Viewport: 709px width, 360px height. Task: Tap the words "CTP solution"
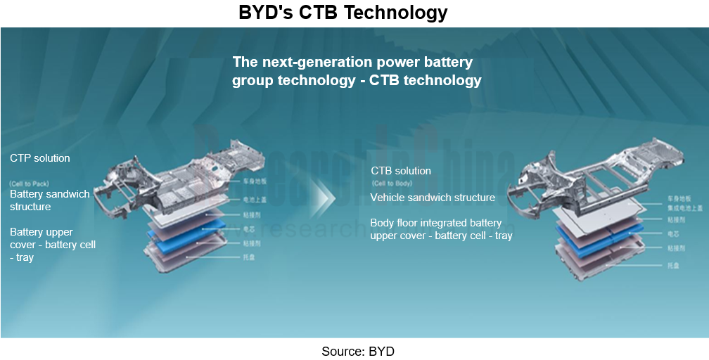(40, 158)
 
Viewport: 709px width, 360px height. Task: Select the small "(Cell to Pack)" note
(30, 184)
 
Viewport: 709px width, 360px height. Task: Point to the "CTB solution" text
(401, 171)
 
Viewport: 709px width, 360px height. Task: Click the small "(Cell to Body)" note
(392, 184)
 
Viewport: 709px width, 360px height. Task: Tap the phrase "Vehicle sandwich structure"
(433, 198)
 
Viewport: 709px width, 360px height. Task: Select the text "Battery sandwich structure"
(49, 200)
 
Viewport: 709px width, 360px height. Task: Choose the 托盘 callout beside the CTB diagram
(673, 265)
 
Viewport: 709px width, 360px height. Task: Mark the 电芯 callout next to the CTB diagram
(673, 233)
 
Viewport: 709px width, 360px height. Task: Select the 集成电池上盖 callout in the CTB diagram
(684, 208)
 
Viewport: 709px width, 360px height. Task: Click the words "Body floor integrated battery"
(436, 223)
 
